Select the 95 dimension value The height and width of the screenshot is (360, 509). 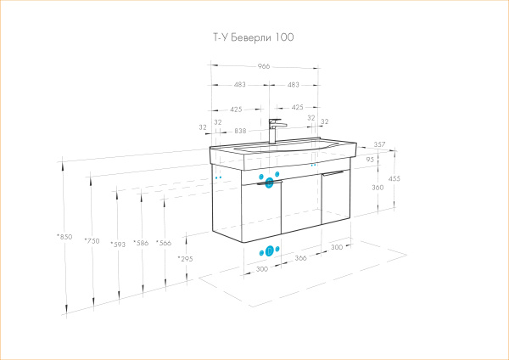[x=370, y=159]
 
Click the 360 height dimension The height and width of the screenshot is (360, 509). [x=378, y=187]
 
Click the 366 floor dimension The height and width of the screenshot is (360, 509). [x=301, y=257]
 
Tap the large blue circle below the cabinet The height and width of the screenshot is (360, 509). [x=270, y=250]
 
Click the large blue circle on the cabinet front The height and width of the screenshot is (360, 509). [x=270, y=180]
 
